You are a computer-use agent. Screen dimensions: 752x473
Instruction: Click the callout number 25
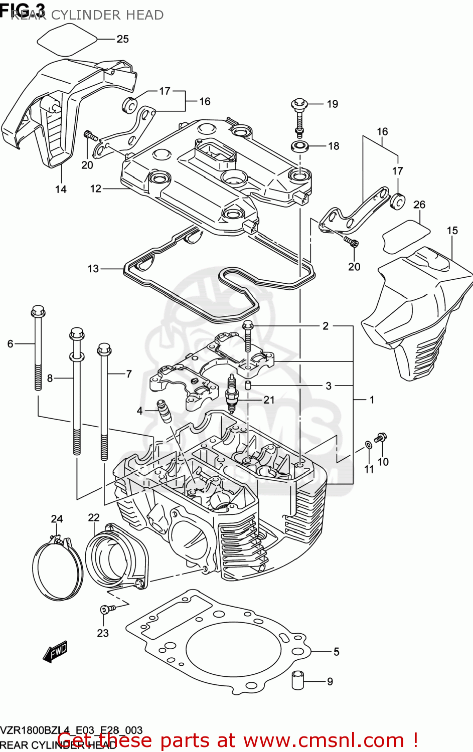tap(122, 39)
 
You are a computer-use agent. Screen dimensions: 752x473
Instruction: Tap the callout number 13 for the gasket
tap(93, 269)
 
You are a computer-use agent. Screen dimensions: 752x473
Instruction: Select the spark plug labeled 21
tap(232, 393)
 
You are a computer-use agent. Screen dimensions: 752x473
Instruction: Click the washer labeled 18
tap(299, 146)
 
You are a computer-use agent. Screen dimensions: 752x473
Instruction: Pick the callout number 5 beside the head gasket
tap(336, 652)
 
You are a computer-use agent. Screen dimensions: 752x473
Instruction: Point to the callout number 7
tap(129, 374)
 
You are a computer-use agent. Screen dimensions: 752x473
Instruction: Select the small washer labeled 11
tap(368, 444)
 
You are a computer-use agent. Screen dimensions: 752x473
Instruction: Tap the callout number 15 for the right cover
tap(452, 231)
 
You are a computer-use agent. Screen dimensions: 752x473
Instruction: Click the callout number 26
tap(419, 205)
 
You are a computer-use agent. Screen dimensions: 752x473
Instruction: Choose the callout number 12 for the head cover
tap(96, 189)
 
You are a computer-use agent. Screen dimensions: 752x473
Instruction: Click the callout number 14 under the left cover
tap(61, 189)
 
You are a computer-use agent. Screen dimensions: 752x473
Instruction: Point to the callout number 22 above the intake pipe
tap(94, 517)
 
